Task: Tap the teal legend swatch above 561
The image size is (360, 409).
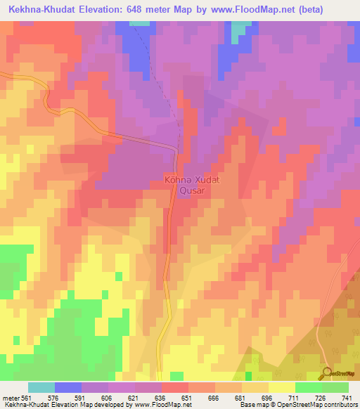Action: tap(41, 387)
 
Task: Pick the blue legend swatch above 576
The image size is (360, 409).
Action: tap(68, 387)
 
